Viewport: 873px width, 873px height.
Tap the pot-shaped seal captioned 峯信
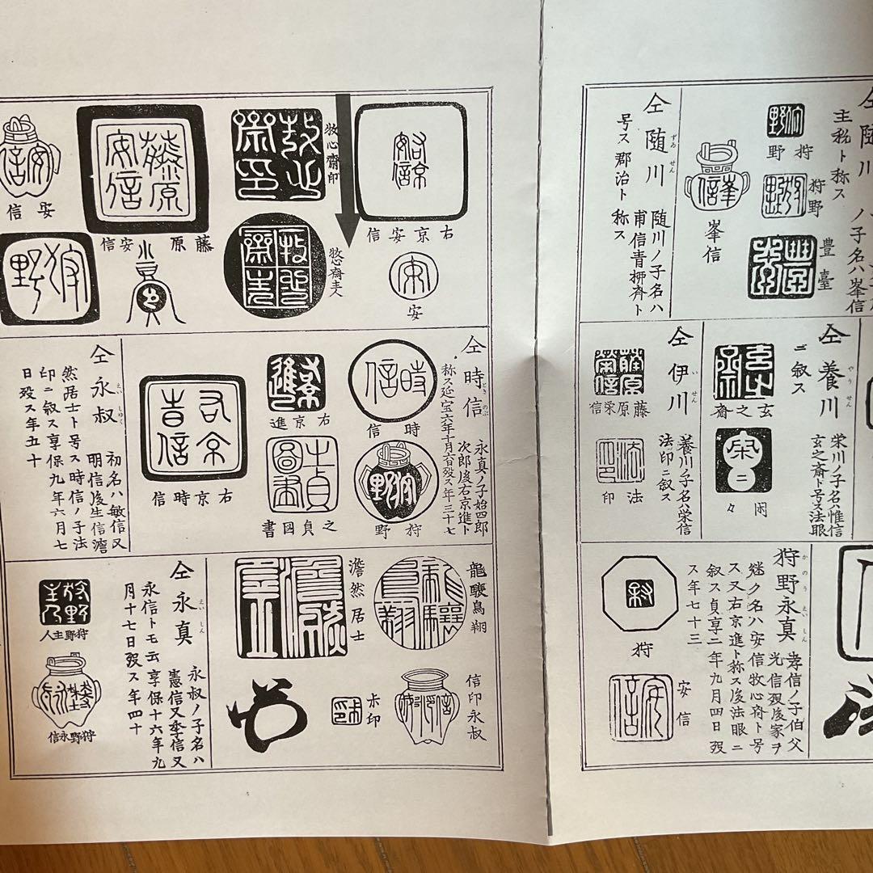716,183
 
